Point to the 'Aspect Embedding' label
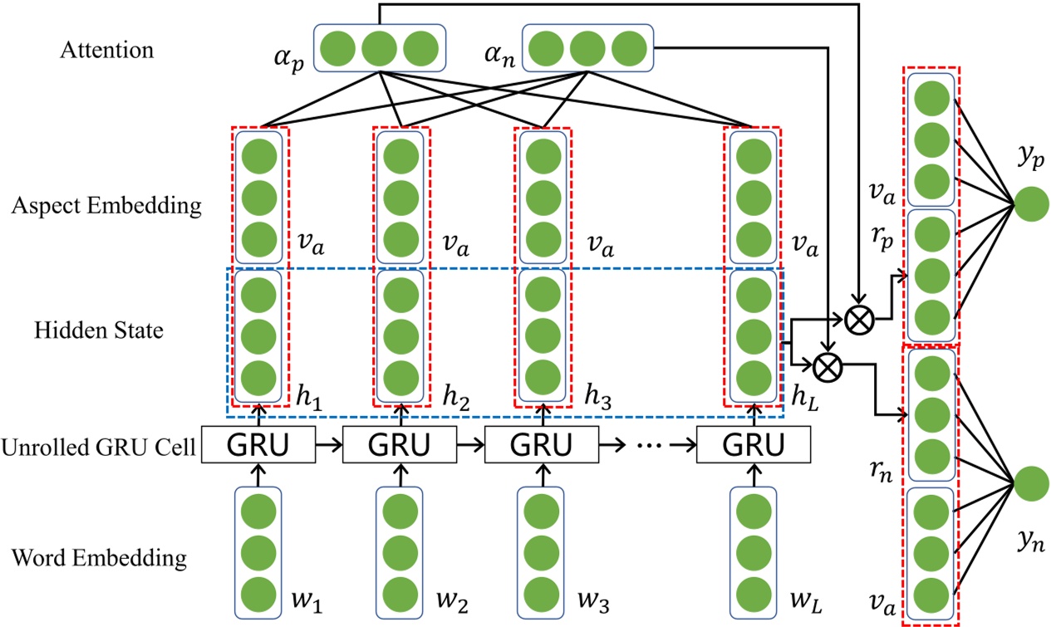[x=106, y=207]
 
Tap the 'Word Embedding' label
[x=99, y=557]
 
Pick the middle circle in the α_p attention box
[x=379, y=47]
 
